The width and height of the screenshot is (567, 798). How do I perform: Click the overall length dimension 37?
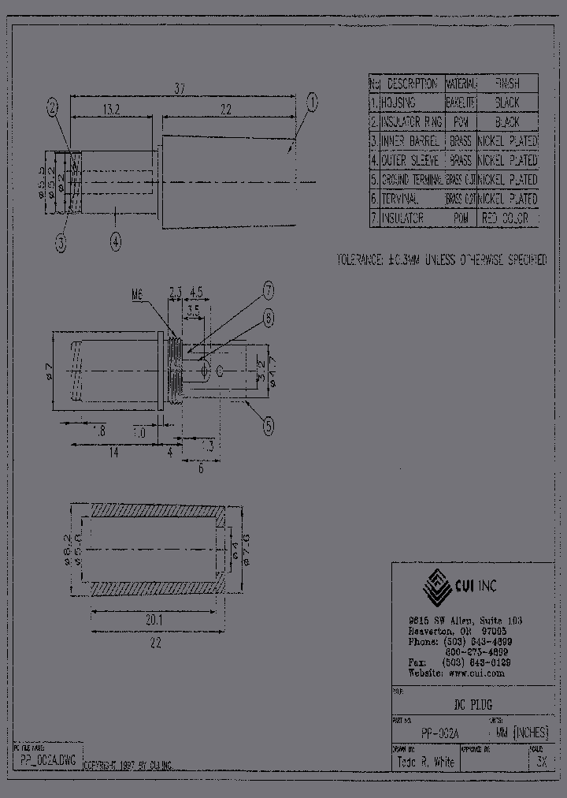pyautogui.click(x=181, y=90)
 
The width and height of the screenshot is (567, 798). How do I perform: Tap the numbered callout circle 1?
pyautogui.click(x=312, y=101)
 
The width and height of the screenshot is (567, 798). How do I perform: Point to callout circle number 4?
pyautogui.click(x=116, y=243)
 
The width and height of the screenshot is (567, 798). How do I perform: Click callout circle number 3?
pyautogui.click(x=61, y=244)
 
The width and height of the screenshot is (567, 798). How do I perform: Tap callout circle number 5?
pyautogui.click(x=269, y=426)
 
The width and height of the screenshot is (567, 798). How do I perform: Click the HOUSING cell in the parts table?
pyautogui.click(x=410, y=103)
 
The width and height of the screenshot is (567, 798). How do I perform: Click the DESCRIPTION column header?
pyautogui.click(x=412, y=84)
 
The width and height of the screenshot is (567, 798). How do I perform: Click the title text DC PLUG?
pyautogui.click(x=472, y=705)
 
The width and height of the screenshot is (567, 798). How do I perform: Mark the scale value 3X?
pyautogui.click(x=540, y=763)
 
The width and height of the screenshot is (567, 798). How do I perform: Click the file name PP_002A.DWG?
pyautogui.click(x=48, y=762)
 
